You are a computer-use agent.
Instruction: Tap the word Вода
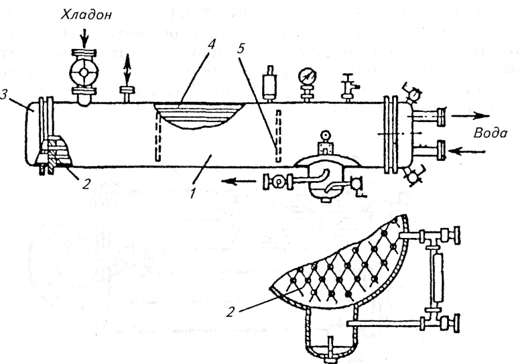pos(490,134)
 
